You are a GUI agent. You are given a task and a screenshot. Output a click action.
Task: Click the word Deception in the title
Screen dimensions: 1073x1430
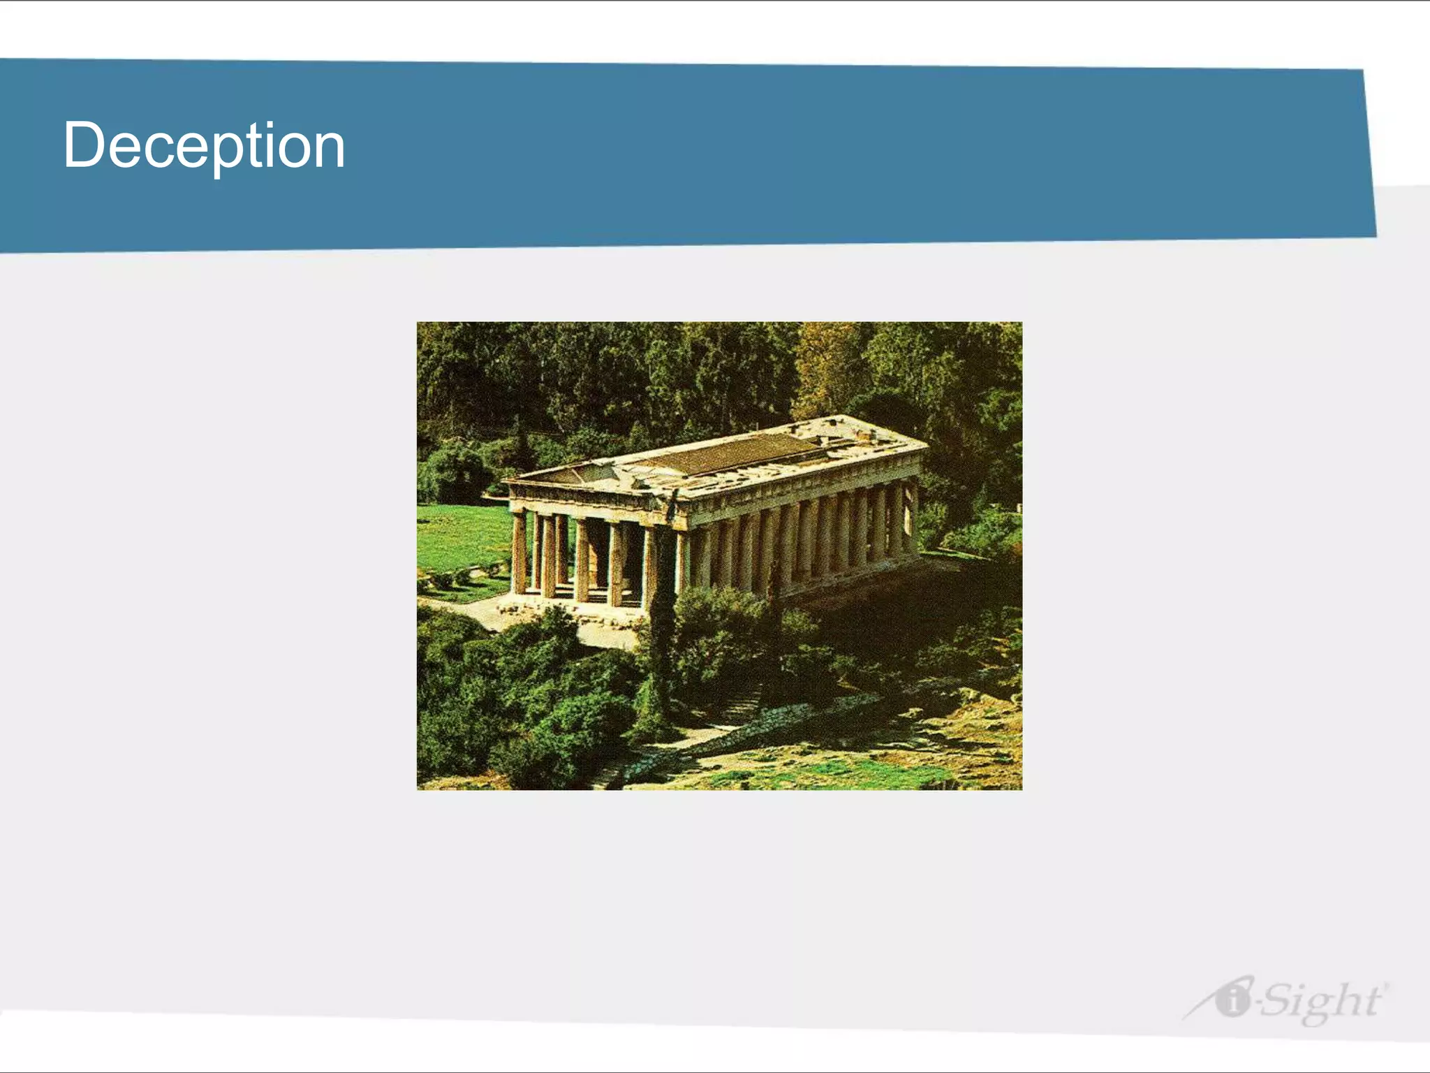pos(204,145)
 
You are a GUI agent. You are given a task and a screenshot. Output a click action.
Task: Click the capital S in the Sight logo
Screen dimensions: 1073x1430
pos(1277,1000)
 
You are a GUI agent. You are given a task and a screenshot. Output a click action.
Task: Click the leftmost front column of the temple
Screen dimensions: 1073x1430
pos(519,552)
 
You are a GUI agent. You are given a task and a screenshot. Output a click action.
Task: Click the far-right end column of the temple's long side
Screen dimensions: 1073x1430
pos(911,517)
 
